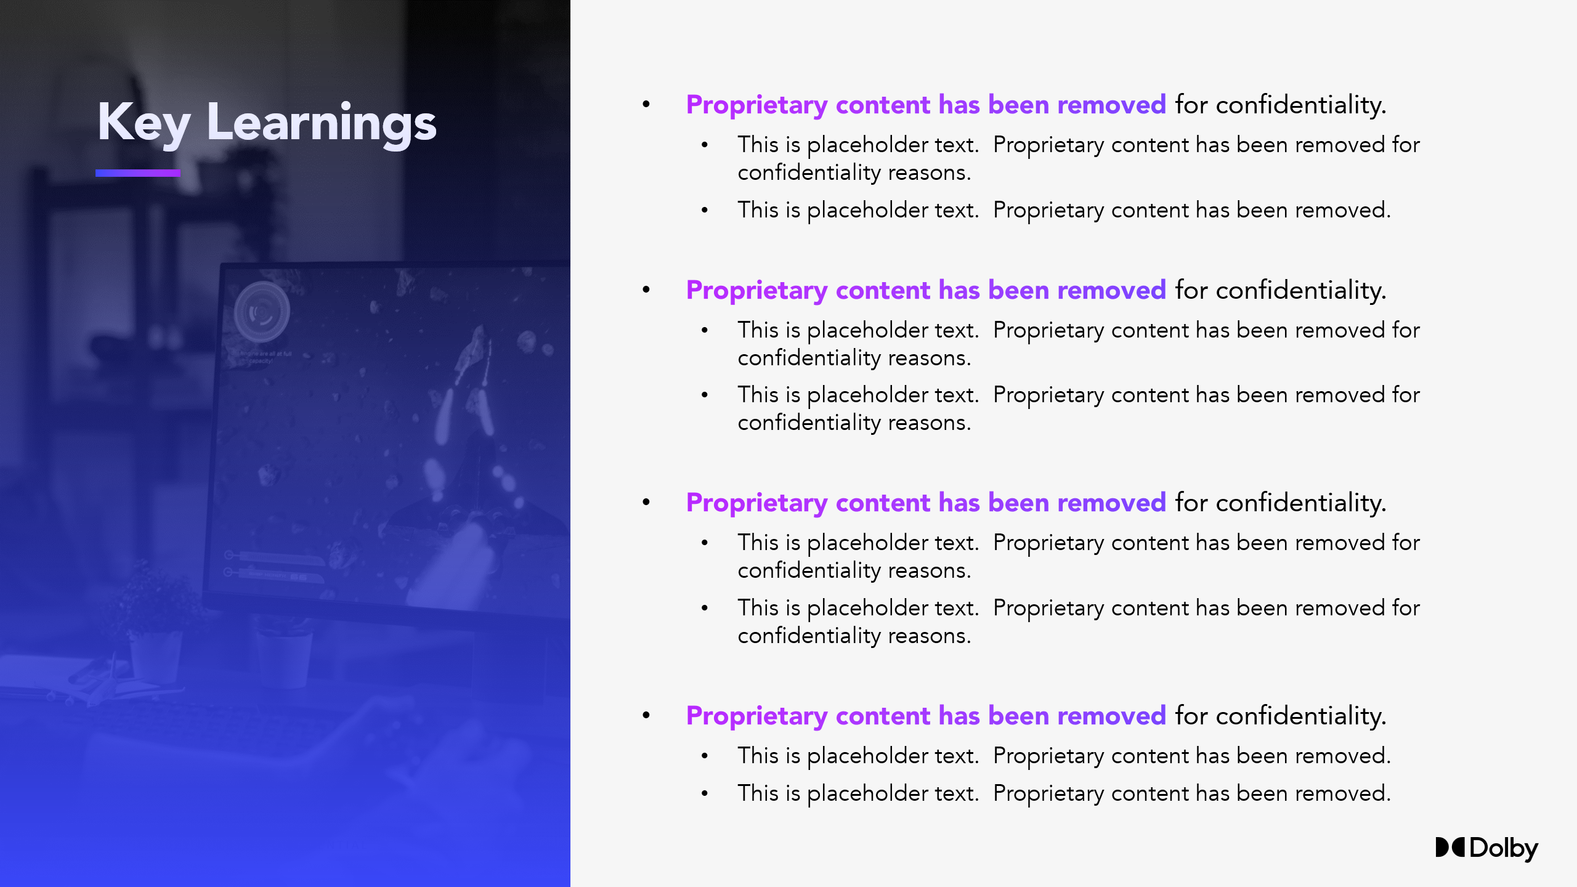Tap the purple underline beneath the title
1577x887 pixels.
[x=138, y=173]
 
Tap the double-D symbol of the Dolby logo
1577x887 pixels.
[x=1450, y=847]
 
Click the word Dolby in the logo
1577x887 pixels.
[x=1504, y=849]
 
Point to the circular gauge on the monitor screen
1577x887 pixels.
[x=262, y=312]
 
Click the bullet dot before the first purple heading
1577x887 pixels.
[x=646, y=104]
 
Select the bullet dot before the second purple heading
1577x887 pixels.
[x=646, y=290]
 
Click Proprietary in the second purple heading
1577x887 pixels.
[x=756, y=291]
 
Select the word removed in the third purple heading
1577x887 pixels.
[x=1112, y=503]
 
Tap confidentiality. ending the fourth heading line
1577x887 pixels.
[x=1301, y=716]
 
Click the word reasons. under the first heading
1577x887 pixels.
[x=930, y=173]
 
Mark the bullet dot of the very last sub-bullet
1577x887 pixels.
[x=705, y=793]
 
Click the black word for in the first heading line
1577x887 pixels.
[x=1191, y=105]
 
